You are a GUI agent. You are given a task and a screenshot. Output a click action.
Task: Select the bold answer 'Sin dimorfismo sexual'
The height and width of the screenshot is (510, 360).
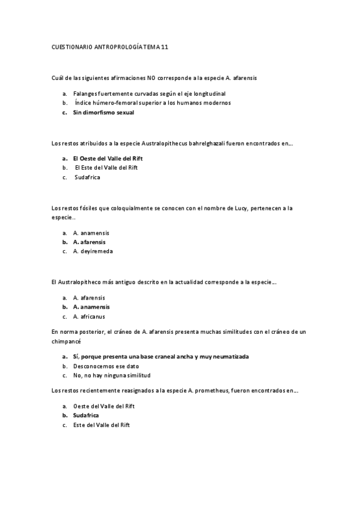[103, 112]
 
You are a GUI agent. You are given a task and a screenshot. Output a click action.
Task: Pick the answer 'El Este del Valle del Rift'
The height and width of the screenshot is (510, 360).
[106, 168]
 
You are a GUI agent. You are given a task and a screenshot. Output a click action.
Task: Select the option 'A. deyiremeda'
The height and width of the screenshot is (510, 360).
[93, 251]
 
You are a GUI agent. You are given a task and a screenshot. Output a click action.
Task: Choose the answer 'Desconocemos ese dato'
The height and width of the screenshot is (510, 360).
[104, 366]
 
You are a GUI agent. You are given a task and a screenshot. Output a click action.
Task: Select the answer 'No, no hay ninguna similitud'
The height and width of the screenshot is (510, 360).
[111, 375]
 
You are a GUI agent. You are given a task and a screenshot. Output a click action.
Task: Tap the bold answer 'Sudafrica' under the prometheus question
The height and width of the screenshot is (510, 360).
[86, 416]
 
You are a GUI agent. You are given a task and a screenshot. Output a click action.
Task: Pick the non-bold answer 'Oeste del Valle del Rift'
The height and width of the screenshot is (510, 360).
[103, 406]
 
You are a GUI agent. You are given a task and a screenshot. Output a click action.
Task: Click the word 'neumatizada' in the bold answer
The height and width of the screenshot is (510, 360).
[228, 356]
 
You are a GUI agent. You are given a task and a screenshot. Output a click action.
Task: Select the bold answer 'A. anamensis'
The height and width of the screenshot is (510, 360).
[91, 307]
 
